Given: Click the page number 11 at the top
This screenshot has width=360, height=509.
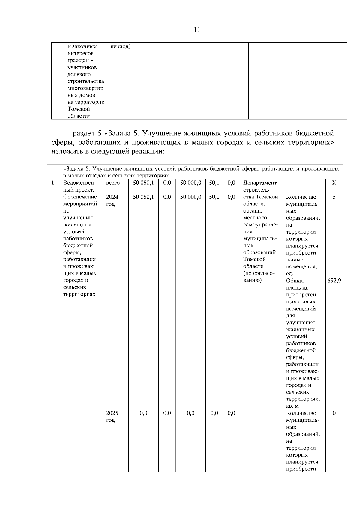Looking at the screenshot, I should click(197, 30).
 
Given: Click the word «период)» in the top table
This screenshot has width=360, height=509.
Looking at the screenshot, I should click(120, 47).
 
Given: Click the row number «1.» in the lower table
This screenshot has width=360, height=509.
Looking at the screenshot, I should click(53, 183).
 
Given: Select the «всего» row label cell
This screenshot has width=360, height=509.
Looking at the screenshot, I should click(113, 183).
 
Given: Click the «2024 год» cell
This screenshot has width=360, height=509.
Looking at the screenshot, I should click(112, 200).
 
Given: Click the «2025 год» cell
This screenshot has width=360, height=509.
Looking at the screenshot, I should click(112, 416).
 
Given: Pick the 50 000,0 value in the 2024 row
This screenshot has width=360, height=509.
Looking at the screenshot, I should click(190, 197).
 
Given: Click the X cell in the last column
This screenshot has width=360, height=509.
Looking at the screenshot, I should click(334, 183).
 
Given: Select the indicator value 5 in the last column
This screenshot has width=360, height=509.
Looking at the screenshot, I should click(334, 197).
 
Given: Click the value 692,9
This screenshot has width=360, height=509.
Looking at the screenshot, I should click(334, 281).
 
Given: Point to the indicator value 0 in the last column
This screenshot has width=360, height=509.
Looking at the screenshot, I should click(334, 413).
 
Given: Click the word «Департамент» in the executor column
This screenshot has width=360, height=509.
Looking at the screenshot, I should click(260, 183).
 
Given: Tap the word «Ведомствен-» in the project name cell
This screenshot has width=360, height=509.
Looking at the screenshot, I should click(79, 183).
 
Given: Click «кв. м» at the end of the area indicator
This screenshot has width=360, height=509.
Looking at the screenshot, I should click(292, 406).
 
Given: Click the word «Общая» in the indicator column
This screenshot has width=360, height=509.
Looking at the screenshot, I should click(295, 281).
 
